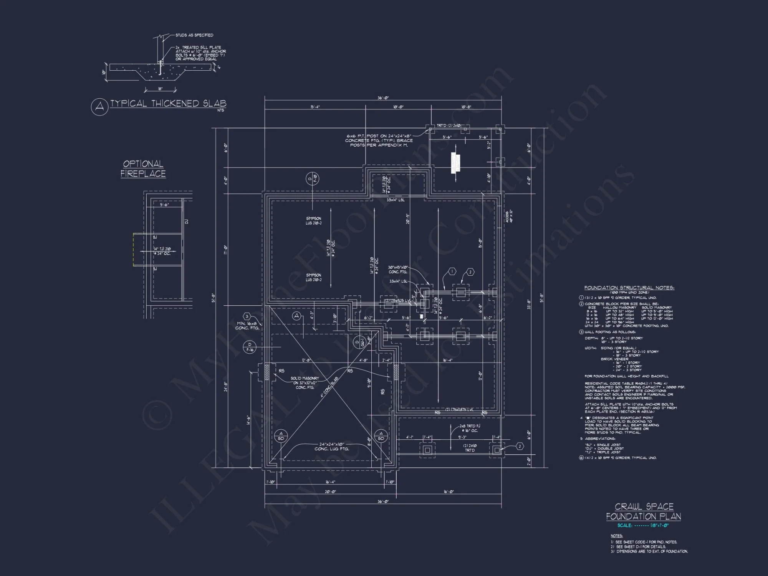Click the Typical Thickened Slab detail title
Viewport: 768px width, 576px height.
point(168,104)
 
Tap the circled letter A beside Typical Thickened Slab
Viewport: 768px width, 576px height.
point(99,107)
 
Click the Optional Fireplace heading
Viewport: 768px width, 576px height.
point(143,169)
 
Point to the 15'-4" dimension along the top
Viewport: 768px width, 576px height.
point(315,107)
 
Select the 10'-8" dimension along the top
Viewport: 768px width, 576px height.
point(466,107)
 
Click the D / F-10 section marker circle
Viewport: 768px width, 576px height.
point(313,179)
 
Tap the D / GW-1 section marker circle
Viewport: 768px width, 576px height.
point(360,342)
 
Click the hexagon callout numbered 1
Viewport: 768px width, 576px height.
point(452,272)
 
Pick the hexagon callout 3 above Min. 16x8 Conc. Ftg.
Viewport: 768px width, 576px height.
point(247,317)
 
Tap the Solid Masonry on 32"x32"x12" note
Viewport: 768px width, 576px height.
point(305,383)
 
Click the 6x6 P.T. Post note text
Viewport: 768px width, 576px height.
point(379,141)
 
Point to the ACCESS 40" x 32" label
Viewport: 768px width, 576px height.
point(509,216)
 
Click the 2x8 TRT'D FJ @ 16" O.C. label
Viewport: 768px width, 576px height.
point(470,428)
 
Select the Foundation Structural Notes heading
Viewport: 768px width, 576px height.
point(629,288)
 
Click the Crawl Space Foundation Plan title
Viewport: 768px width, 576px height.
point(643,511)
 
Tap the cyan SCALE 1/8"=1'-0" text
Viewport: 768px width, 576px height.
point(643,525)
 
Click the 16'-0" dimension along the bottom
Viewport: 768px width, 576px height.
point(449,492)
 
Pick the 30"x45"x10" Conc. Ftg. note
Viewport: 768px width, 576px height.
point(397,270)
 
